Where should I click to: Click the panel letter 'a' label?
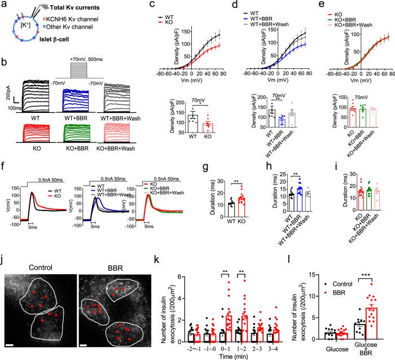point(4,5)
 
